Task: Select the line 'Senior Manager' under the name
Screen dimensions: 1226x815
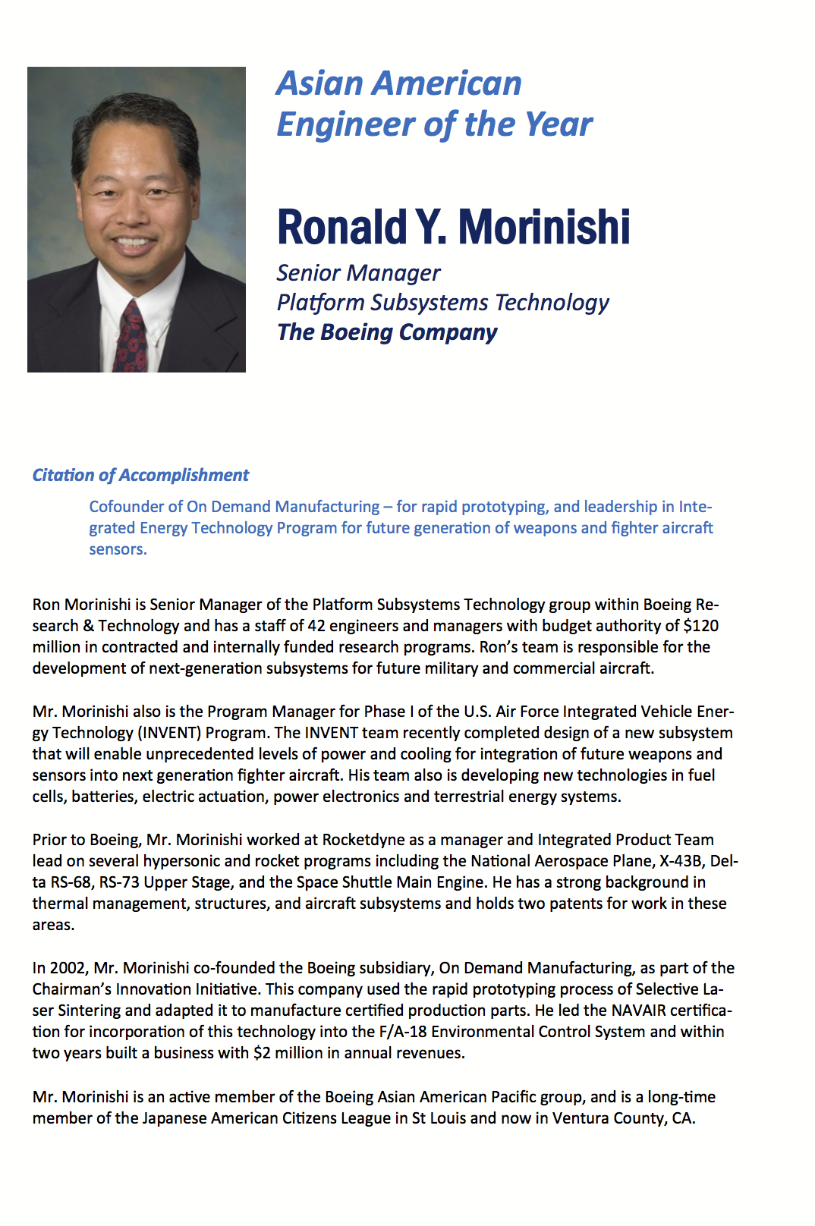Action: (358, 273)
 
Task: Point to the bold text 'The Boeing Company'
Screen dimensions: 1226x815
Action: (387, 332)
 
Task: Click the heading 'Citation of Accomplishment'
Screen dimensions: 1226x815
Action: (140, 476)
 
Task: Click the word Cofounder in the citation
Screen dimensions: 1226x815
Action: (124, 507)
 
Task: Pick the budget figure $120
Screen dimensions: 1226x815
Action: (700, 626)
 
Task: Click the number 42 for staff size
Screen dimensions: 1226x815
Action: (316, 626)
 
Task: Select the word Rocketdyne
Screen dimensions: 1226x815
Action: (363, 840)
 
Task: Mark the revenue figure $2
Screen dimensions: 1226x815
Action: (261, 1053)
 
